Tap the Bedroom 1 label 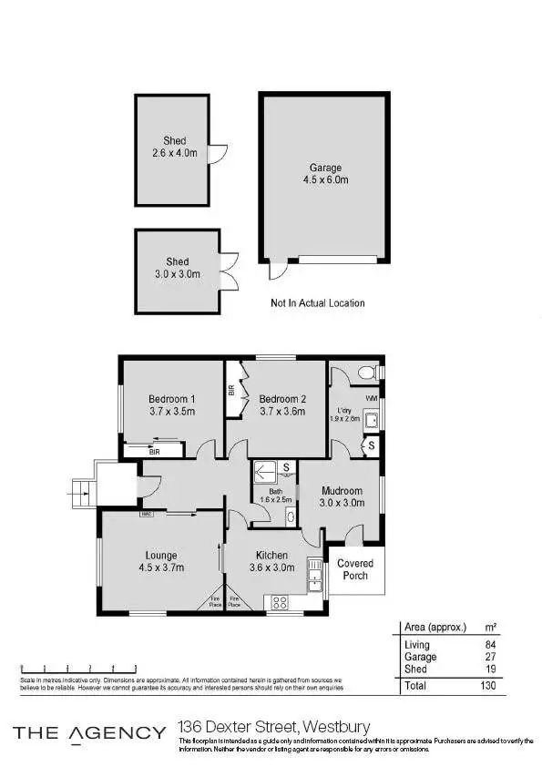click(x=172, y=399)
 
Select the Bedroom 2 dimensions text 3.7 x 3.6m click(x=281, y=412)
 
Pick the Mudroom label click(x=341, y=491)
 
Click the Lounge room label click(x=160, y=555)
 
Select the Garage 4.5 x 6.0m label click(x=325, y=174)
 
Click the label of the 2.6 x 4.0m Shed click(x=175, y=147)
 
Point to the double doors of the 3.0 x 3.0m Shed click(x=228, y=270)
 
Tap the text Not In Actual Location click(x=317, y=303)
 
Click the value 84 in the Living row click(x=490, y=645)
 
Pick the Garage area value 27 click(x=490, y=657)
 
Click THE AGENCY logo click(x=88, y=732)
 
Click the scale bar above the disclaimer click(x=78, y=670)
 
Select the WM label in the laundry click(x=371, y=399)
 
